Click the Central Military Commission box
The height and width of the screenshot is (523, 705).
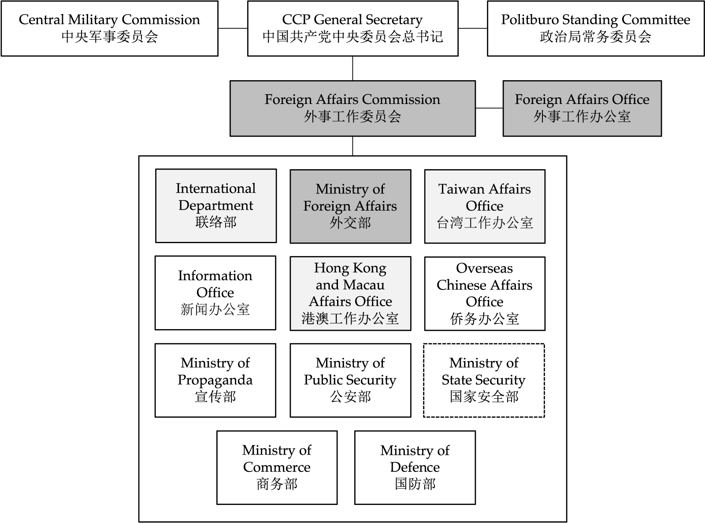point(110,29)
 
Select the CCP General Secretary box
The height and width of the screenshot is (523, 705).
point(353,29)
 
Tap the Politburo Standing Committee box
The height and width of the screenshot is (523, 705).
point(596,29)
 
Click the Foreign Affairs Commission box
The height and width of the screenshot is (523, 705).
point(353,108)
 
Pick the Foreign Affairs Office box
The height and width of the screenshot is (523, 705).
point(583,108)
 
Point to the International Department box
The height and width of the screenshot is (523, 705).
point(216,206)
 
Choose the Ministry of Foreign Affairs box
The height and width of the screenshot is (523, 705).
point(350,206)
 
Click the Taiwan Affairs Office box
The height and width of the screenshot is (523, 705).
point(485,206)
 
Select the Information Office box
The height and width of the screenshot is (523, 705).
point(215,293)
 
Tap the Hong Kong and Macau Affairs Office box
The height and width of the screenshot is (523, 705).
point(350,293)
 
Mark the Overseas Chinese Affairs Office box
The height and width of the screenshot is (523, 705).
point(485,293)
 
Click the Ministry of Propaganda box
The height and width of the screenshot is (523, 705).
point(215,380)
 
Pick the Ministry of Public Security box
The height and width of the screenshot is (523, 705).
point(350,380)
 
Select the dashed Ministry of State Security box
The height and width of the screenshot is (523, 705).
point(484,380)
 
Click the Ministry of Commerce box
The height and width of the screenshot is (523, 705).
point(277,467)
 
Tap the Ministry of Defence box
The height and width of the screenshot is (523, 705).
point(415,467)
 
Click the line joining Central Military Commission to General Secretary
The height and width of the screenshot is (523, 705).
point(233,28)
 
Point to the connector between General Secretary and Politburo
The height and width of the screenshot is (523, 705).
point(473,28)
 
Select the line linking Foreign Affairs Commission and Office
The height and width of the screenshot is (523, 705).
point(489,108)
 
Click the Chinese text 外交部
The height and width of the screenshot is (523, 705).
point(350,223)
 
